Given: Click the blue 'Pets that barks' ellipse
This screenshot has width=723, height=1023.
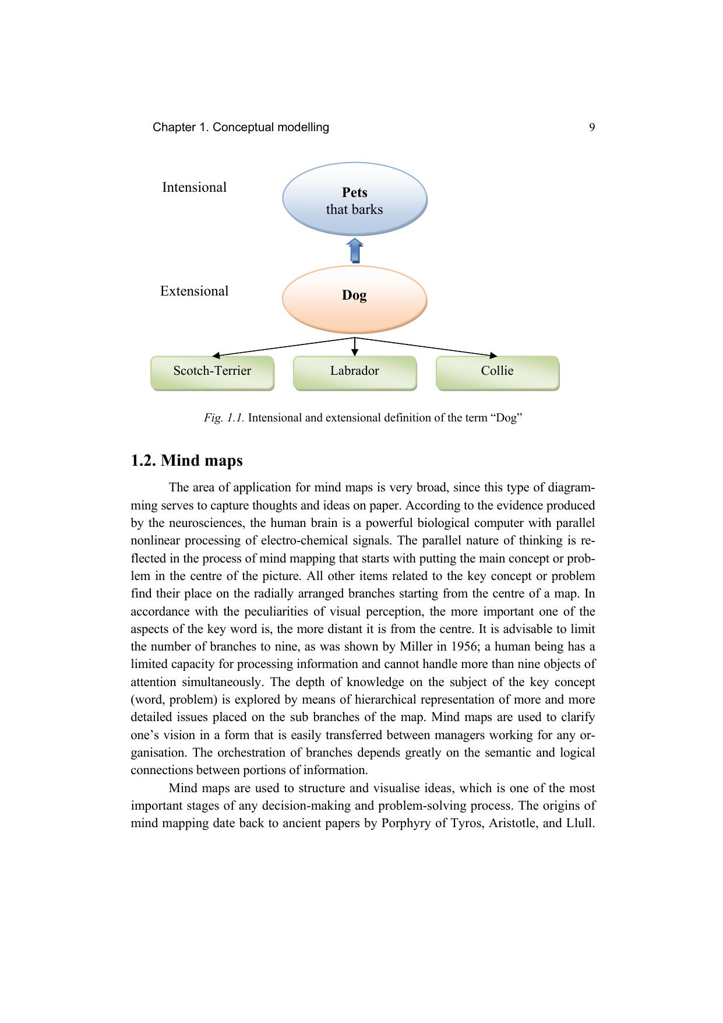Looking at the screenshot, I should click(354, 199).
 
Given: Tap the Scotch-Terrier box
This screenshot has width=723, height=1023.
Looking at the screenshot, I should click(212, 372).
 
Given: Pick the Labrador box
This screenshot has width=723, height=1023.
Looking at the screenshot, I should click(354, 372).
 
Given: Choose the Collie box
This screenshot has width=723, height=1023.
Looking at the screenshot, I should click(497, 372).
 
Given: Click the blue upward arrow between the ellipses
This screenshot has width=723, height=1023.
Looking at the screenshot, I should click(355, 251).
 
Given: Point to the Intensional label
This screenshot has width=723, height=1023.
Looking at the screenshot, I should click(194, 188).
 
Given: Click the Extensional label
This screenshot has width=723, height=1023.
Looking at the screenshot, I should click(194, 291).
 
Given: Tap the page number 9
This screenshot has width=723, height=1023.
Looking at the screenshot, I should click(592, 128).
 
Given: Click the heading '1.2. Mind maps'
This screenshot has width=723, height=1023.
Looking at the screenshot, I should click(186, 460).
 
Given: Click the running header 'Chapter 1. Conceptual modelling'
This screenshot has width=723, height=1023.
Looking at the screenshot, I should click(241, 128).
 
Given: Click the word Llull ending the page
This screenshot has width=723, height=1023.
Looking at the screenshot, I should click(579, 823).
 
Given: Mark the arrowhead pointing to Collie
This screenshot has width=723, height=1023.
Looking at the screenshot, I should click(493, 355).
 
